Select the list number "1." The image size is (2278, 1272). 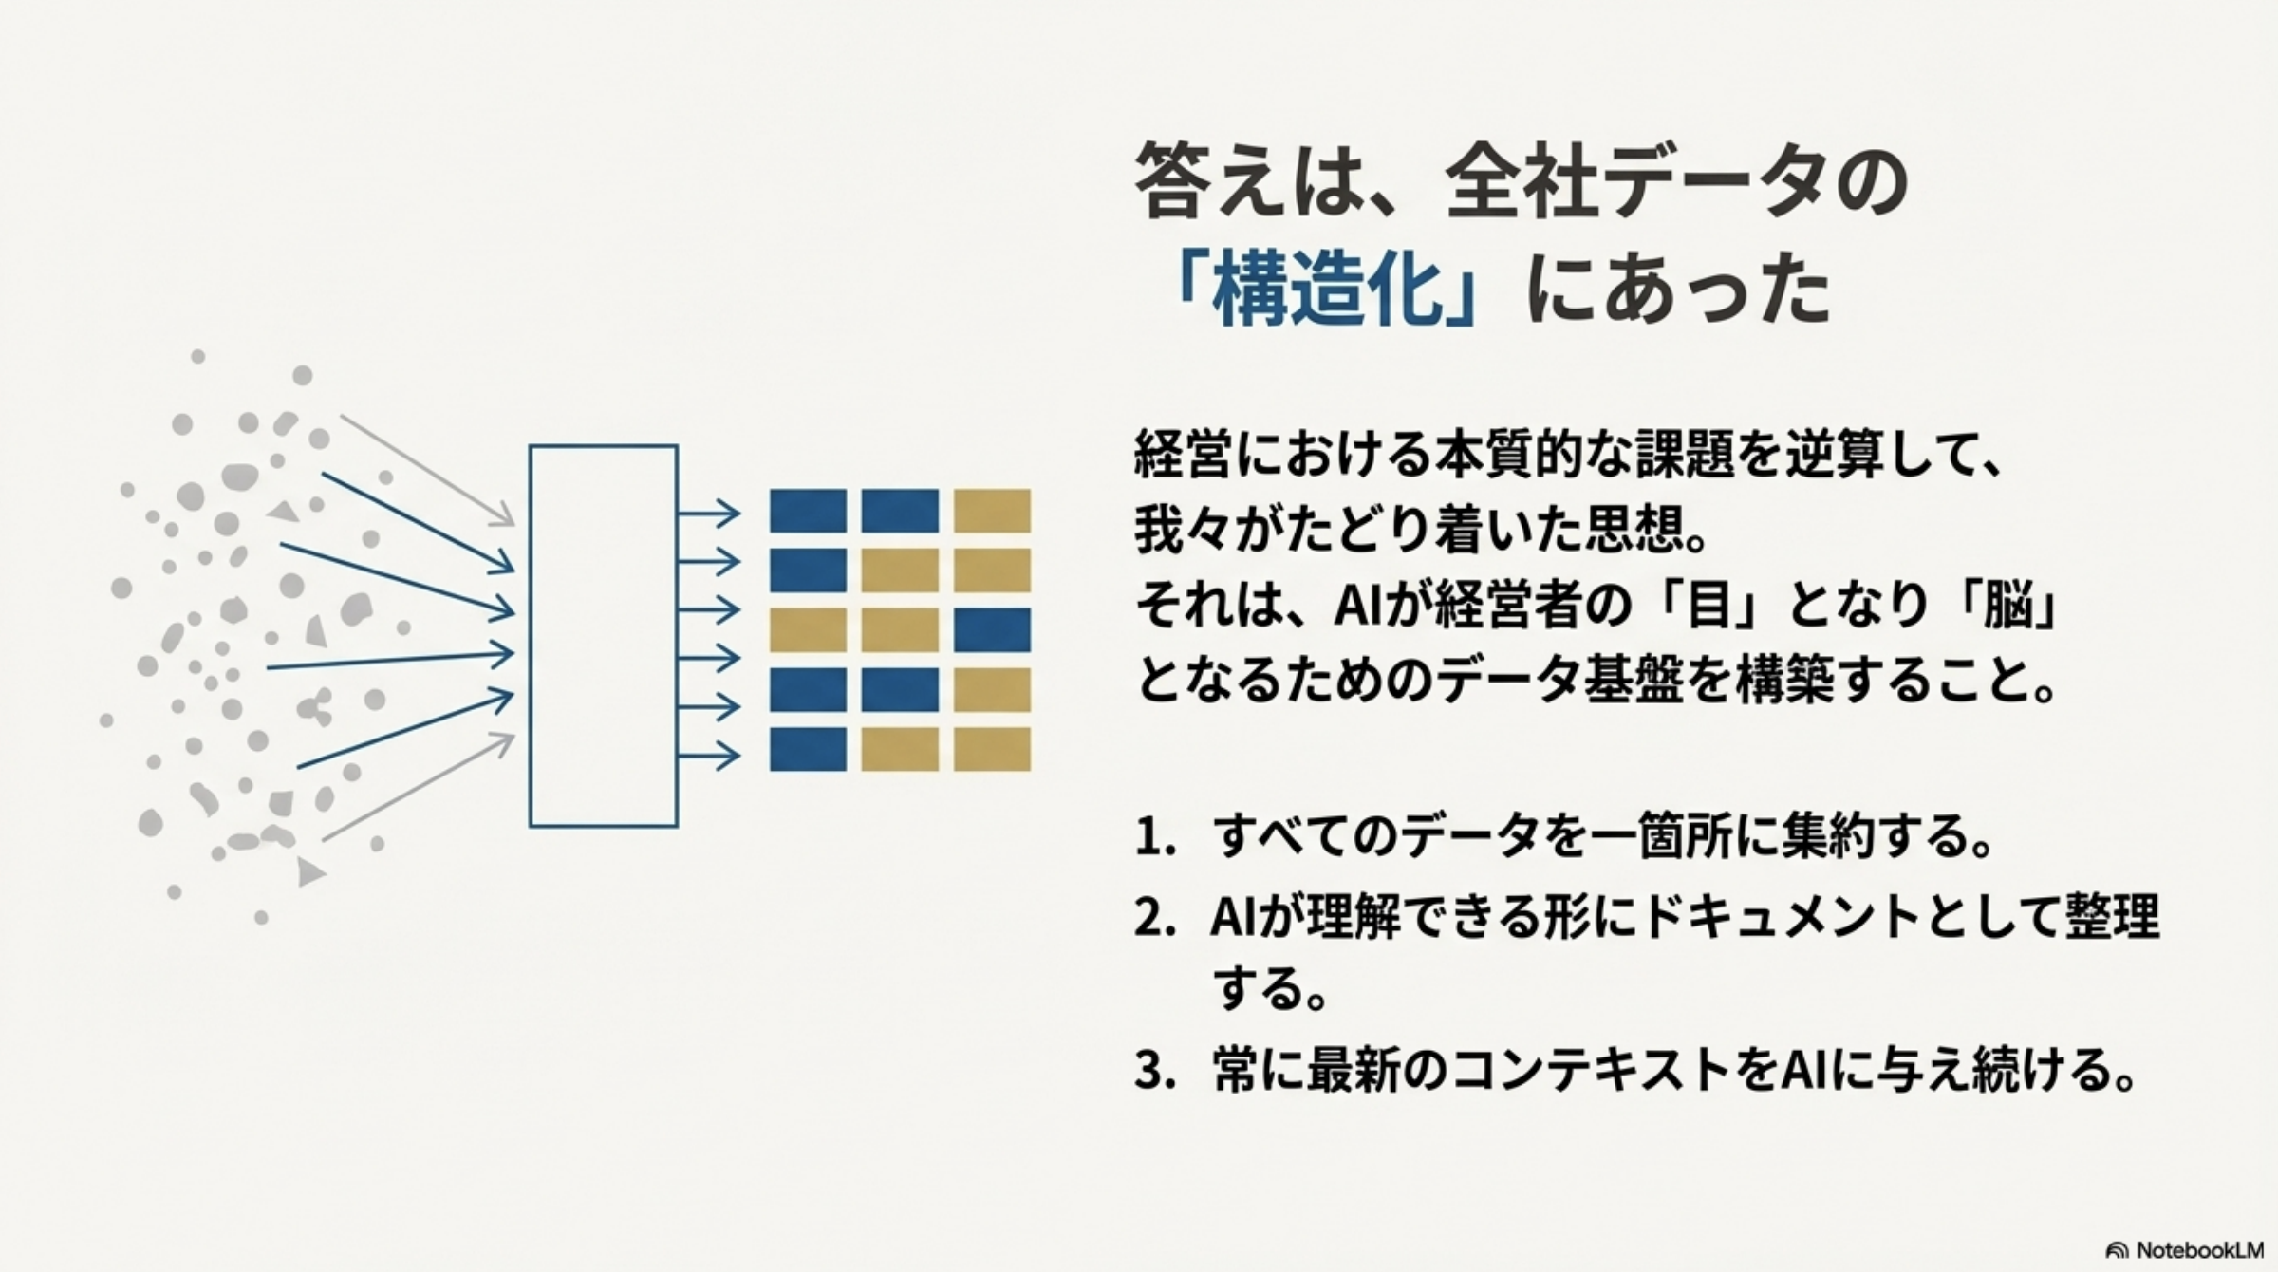(x=1155, y=838)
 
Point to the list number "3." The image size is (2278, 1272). (x=1155, y=1070)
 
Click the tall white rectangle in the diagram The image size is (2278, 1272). (x=603, y=636)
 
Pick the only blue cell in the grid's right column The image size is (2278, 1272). (x=992, y=630)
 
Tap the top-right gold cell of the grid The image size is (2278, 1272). (x=992, y=511)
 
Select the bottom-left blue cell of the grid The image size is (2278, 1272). (x=808, y=749)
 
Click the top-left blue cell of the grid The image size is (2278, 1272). (x=808, y=511)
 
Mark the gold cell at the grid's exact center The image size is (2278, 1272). (x=900, y=630)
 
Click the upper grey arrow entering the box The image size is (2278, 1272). (x=427, y=470)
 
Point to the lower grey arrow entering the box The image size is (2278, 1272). (x=418, y=788)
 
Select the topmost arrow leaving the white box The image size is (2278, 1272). (x=708, y=514)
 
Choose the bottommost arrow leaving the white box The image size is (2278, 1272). (x=708, y=756)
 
